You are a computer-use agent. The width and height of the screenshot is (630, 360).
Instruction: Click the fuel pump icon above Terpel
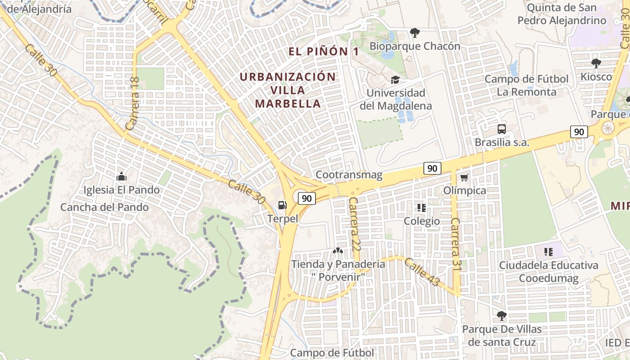click(x=282, y=205)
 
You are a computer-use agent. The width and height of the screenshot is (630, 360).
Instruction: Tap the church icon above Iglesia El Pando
click(x=121, y=177)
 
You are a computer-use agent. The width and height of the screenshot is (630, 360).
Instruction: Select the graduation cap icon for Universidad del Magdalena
click(x=395, y=80)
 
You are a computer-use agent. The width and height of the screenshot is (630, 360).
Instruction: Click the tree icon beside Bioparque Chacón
click(x=414, y=32)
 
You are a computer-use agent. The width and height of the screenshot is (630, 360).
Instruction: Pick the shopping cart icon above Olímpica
click(x=464, y=177)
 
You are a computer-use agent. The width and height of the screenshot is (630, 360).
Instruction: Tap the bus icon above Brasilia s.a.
click(x=502, y=129)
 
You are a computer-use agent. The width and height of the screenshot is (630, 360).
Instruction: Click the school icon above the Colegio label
click(x=422, y=208)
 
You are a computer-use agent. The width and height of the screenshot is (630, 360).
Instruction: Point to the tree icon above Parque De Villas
click(x=502, y=315)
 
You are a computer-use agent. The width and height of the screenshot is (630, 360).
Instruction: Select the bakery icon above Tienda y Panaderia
click(x=337, y=250)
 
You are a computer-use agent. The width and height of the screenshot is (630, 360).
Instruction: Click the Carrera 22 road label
click(x=355, y=218)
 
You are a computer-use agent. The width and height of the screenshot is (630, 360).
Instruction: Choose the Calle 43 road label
click(x=421, y=272)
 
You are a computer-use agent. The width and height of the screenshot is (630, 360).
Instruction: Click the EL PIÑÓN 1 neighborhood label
click(x=324, y=51)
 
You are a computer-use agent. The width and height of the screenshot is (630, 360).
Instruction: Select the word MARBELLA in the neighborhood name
click(x=288, y=104)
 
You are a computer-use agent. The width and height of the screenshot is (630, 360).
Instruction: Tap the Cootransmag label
click(x=349, y=175)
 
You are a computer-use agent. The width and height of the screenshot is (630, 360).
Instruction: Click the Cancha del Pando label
click(x=104, y=207)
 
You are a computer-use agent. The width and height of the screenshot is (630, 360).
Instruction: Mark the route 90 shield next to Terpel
click(x=306, y=198)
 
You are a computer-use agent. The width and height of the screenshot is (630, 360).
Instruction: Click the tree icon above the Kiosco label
click(x=596, y=63)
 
